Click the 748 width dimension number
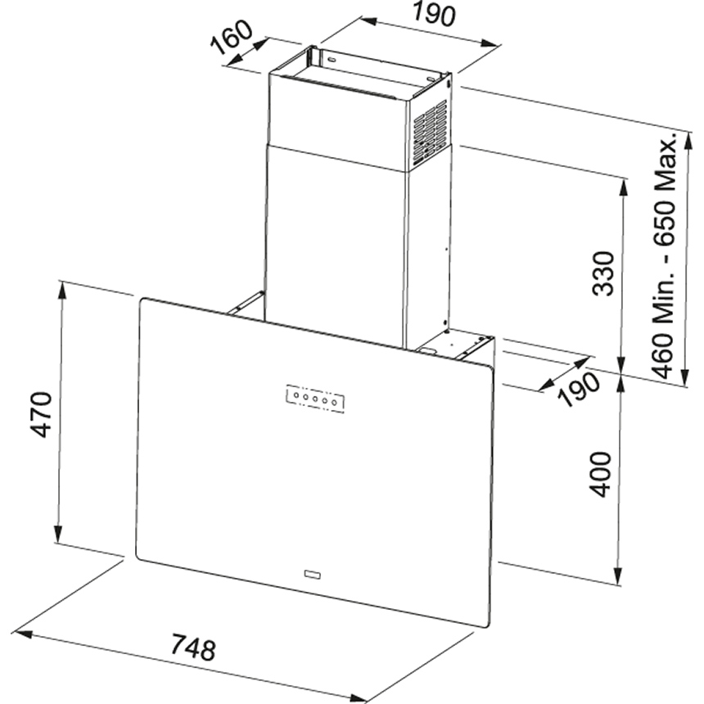(194, 649)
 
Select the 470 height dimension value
(41, 415)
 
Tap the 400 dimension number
(602, 473)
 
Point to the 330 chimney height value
(604, 274)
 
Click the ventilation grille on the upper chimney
(430, 129)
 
